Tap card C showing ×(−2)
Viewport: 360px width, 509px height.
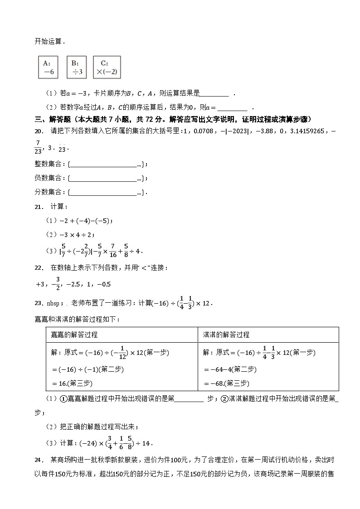coord(107,67)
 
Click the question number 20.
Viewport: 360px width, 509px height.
coord(39,131)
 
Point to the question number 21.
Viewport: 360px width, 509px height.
coord(39,207)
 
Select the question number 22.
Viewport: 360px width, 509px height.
coord(39,268)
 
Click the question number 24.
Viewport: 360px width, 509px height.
coord(39,460)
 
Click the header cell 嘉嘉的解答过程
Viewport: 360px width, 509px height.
coord(74,335)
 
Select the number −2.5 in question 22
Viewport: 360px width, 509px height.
coord(73,285)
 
